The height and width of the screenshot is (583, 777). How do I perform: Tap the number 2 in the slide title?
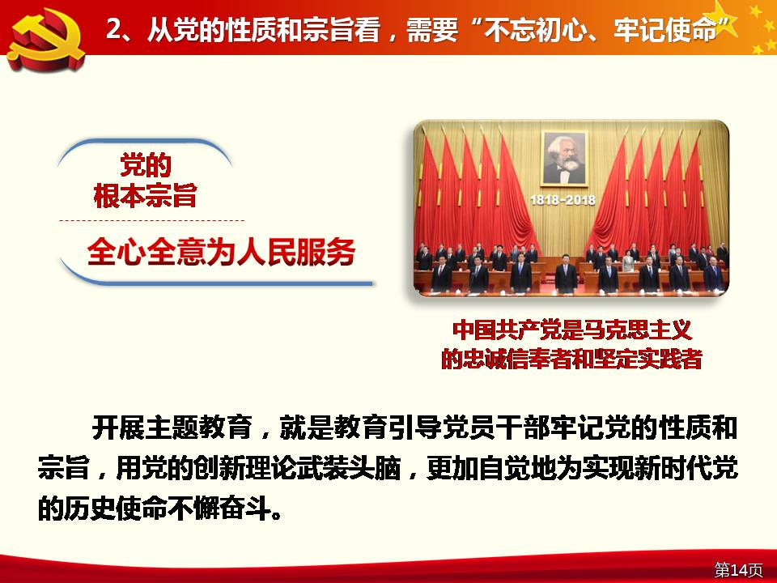click(x=113, y=30)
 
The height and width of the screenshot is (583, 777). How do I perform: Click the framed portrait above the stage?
click(x=564, y=159)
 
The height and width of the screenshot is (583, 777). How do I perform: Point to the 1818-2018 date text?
click(x=563, y=200)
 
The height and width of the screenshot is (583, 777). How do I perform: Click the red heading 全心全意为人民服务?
click(x=222, y=252)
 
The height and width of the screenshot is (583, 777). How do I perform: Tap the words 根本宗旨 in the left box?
click(x=145, y=195)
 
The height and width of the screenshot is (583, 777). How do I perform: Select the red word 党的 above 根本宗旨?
click(x=146, y=165)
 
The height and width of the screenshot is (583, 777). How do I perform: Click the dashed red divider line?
click(x=151, y=220)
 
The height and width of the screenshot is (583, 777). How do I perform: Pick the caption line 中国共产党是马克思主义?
click(x=572, y=330)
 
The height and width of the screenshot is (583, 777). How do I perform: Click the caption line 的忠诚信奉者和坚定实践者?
click(x=571, y=359)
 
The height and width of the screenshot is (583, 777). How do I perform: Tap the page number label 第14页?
click(x=738, y=569)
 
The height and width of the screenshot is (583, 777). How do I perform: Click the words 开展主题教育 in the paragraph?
click(x=172, y=428)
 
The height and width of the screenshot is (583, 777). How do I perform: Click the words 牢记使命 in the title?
click(x=665, y=30)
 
